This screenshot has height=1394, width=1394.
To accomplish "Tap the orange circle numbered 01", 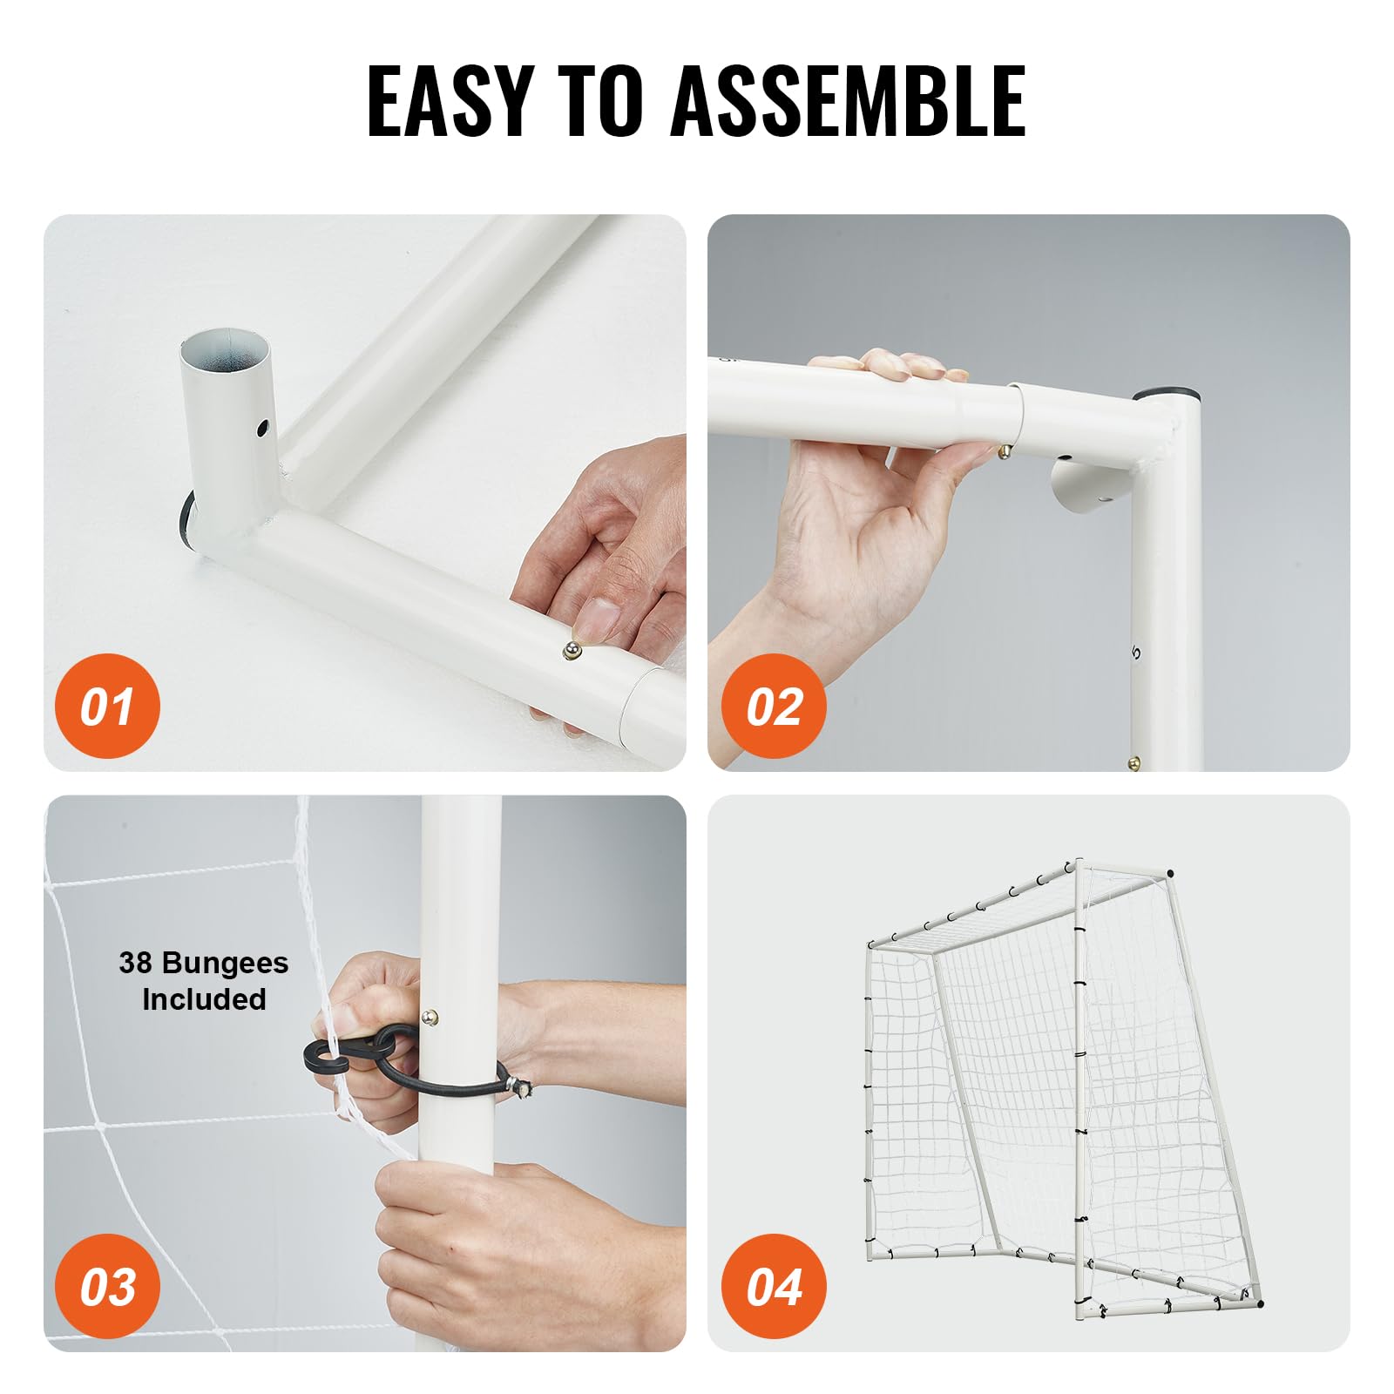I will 107,706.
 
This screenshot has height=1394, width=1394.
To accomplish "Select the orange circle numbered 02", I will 774,706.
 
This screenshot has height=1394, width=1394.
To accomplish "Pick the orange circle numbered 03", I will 107,1287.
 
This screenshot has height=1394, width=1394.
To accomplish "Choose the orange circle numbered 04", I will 774,1287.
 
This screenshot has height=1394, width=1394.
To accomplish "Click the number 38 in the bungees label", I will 135,963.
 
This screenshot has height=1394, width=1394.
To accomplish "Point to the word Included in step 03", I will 204,999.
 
